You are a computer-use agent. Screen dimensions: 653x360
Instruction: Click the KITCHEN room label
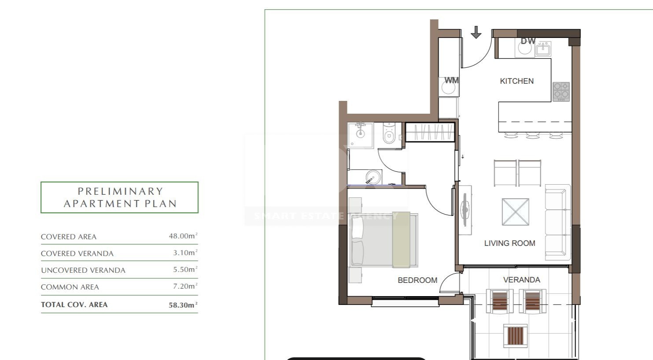516,81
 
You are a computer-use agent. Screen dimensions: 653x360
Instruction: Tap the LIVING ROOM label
509,243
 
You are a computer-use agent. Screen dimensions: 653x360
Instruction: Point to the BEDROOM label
417,280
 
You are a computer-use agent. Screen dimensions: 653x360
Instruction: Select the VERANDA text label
521,280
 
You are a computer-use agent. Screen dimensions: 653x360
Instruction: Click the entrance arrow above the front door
476,32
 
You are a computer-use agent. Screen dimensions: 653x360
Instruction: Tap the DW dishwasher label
528,41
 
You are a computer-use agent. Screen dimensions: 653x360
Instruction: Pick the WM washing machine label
451,80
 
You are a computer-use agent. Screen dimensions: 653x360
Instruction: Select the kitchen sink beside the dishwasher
543,49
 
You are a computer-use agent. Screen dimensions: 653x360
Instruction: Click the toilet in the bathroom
389,134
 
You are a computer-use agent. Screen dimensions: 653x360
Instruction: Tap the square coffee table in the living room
516,212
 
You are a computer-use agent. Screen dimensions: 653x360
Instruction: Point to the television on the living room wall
465,210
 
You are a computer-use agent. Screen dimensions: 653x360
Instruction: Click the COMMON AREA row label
70,287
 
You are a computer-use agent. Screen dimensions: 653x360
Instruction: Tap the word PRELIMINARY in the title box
120,191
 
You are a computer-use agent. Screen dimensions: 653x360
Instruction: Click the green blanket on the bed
401,240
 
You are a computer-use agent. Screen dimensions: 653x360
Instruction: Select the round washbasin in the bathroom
373,177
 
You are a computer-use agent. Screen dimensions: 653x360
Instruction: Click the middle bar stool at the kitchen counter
533,135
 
